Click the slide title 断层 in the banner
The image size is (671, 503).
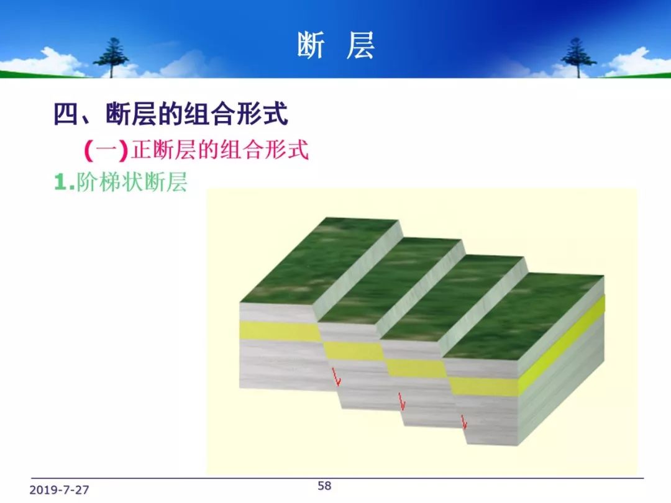click(x=336, y=45)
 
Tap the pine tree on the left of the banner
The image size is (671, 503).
click(x=111, y=57)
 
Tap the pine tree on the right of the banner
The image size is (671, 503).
click(x=578, y=57)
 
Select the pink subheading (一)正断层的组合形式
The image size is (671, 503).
click(x=196, y=150)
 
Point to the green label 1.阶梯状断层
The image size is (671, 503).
click(x=121, y=183)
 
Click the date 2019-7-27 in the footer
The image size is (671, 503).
click(x=59, y=490)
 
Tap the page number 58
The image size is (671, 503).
click(x=324, y=486)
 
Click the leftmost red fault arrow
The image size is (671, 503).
click(x=337, y=376)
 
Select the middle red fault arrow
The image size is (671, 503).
click(x=401, y=402)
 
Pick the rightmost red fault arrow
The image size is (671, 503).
click(x=464, y=422)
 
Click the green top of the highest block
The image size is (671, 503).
click(x=319, y=260)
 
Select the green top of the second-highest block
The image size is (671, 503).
click(x=390, y=280)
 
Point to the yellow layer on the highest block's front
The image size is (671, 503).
click(x=280, y=331)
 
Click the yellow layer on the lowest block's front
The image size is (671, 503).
click(x=485, y=386)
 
